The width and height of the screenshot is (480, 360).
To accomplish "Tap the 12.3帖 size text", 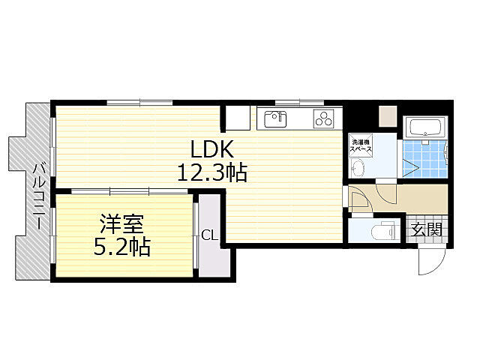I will coord(212,173).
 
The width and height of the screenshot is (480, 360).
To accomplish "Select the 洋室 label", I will coord(121,223).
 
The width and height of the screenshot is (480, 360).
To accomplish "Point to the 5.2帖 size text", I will coord(121,247).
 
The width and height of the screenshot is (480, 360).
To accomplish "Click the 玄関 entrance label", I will coord(426,229).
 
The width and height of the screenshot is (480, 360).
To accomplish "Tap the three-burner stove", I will coord(325,118).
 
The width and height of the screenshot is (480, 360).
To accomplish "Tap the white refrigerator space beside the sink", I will coord(239,118).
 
